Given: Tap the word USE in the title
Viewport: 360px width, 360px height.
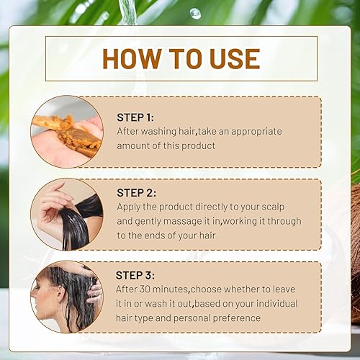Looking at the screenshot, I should pos(230,58).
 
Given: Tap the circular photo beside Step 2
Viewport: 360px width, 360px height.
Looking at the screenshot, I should pos(66,214).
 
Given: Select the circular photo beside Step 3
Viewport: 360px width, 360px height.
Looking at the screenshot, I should pos(66,297).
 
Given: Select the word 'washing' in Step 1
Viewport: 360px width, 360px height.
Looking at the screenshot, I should pos(160,132).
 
